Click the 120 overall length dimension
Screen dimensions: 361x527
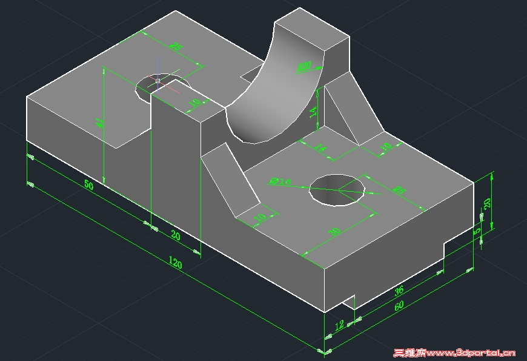(174, 263)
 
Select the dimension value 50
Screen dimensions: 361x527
(88, 185)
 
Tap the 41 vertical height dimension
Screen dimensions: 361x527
(100, 122)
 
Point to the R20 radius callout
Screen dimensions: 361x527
(304, 66)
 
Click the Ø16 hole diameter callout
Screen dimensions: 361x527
(279, 181)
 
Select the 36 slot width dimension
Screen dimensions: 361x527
(399, 291)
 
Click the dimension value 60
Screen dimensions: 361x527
(399, 306)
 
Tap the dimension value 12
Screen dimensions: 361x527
(339, 325)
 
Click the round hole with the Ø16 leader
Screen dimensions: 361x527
(337, 190)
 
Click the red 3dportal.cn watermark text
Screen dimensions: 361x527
(454, 352)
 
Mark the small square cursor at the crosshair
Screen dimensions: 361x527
(157, 80)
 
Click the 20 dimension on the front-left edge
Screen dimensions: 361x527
(175, 235)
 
